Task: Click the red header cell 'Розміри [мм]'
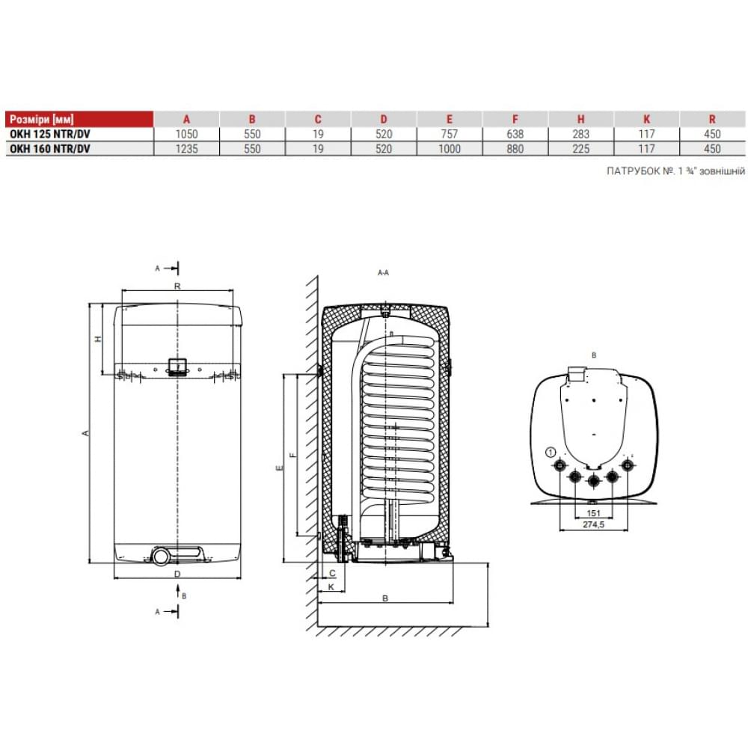(x=41, y=119)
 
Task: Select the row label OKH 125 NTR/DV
(x=49, y=134)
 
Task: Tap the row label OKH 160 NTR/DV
(x=49, y=149)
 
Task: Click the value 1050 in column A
(x=186, y=134)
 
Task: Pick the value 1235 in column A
(x=186, y=149)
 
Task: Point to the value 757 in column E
(x=450, y=134)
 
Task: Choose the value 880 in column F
(x=515, y=149)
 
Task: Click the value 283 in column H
(x=581, y=134)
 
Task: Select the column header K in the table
(x=647, y=119)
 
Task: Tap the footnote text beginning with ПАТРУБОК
(x=675, y=171)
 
